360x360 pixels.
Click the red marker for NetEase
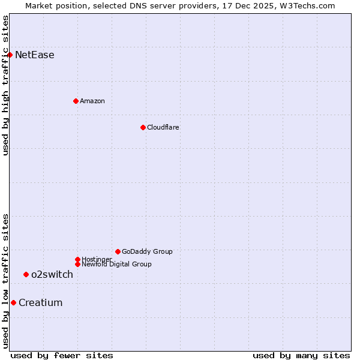tap(10, 55)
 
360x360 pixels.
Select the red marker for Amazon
tap(76, 101)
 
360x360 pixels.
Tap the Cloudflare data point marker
tap(143, 127)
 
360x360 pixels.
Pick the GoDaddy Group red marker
tap(118, 251)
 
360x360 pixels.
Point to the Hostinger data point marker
tap(77, 259)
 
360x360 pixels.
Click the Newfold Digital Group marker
tap(77, 264)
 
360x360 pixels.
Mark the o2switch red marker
tap(26, 274)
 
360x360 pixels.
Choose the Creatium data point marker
tap(13, 302)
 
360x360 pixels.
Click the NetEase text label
tap(35, 55)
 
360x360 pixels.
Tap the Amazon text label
tap(92, 101)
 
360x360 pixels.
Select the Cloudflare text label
tap(163, 127)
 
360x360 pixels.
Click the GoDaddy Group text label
tap(147, 251)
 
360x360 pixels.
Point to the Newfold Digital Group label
tap(116, 264)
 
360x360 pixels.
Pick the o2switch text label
tap(52, 275)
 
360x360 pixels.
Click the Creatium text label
tap(41, 303)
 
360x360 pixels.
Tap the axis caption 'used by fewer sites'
tap(62, 355)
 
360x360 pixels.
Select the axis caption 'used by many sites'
tap(301, 355)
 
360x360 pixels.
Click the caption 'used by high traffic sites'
tap(5, 85)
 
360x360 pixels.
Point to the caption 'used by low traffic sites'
tap(5, 281)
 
